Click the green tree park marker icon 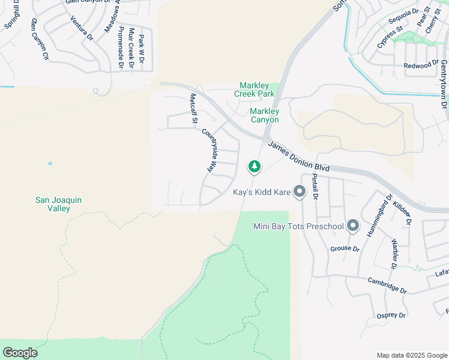255,166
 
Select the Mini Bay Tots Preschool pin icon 352,226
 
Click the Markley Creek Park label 257,89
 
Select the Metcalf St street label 193,109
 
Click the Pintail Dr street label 315,187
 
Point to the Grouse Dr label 345,248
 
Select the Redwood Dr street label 421,65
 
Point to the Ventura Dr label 82,28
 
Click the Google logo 20,353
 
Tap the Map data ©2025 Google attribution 411,355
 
